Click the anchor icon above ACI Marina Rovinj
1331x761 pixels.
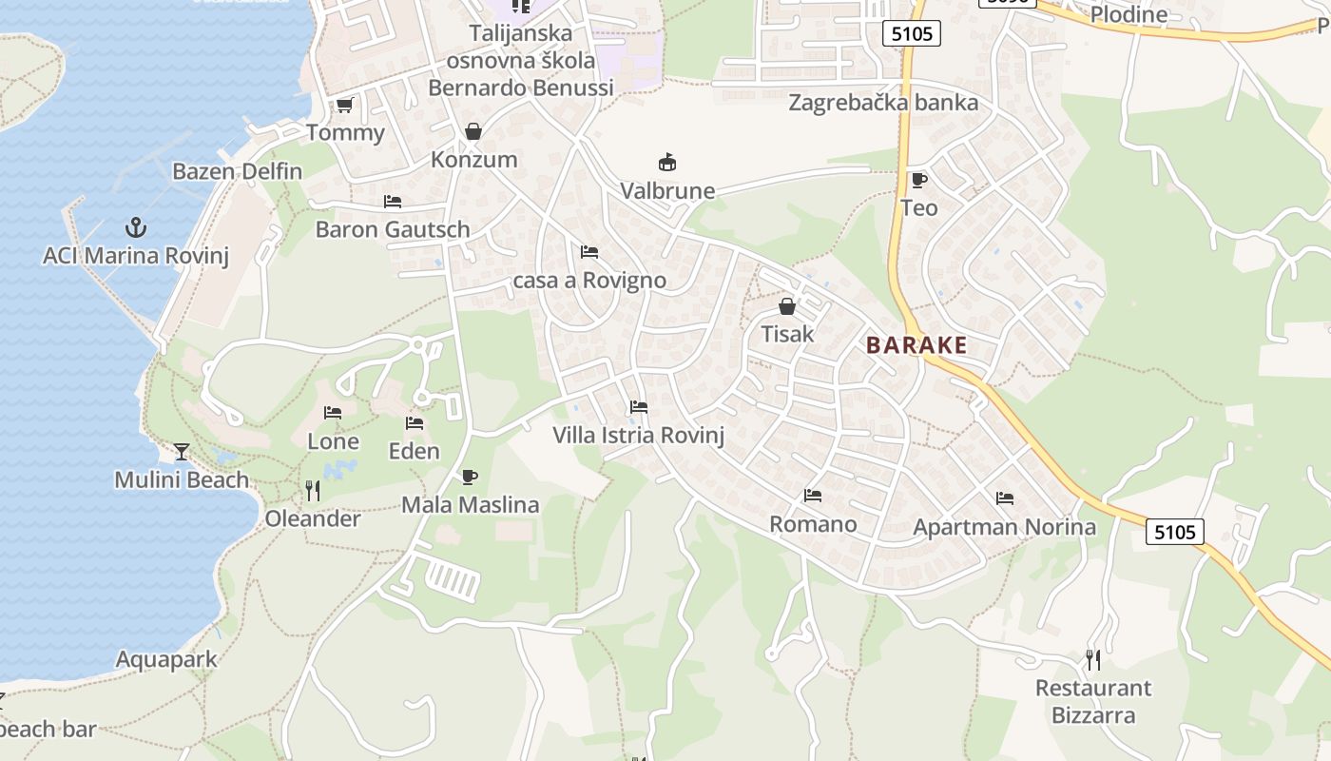136,227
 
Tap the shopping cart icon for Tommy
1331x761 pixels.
344,105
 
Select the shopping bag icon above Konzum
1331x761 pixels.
473,131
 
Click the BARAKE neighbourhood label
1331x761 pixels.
916,345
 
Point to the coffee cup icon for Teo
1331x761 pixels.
918,180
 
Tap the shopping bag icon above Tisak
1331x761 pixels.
786,306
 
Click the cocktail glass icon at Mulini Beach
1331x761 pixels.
182,452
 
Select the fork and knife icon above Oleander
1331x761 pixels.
312,491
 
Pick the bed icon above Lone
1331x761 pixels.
333,413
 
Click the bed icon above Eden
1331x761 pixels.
415,423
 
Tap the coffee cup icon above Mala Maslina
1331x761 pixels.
469,477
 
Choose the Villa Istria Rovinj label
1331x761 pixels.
639,436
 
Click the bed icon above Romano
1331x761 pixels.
813,496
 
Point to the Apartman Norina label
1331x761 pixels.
1005,527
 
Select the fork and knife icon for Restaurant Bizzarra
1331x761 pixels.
1093,659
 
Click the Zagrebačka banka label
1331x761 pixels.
883,103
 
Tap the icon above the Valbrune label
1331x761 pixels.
667,163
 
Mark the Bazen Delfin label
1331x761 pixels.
238,172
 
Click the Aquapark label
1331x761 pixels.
166,659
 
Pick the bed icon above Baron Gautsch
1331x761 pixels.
393,202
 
